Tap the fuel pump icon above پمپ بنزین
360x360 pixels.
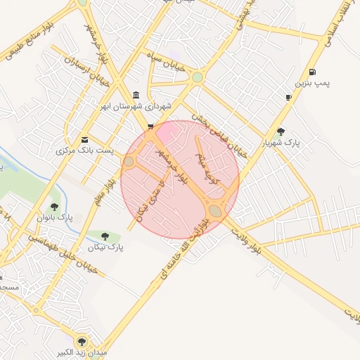pyautogui.click(x=312, y=72)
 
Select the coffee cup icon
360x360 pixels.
pyautogui.click(x=288, y=97)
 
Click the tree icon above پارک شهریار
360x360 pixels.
pyautogui.click(x=281, y=131)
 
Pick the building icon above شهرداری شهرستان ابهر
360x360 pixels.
pyautogui.click(x=136, y=96)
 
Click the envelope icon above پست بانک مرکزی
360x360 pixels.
pyautogui.click(x=85, y=139)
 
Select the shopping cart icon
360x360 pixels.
pyautogui.click(x=150, y=127)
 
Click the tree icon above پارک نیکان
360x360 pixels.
pyautogui.click(x=105, y=236)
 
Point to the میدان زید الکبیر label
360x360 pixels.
pyautogui.click(x=82, y=352)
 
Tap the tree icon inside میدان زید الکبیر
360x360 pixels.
pyautogui.click(x=82, y=341)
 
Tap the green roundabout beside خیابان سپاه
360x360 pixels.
pyautogui.click(x=198, y=77)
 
